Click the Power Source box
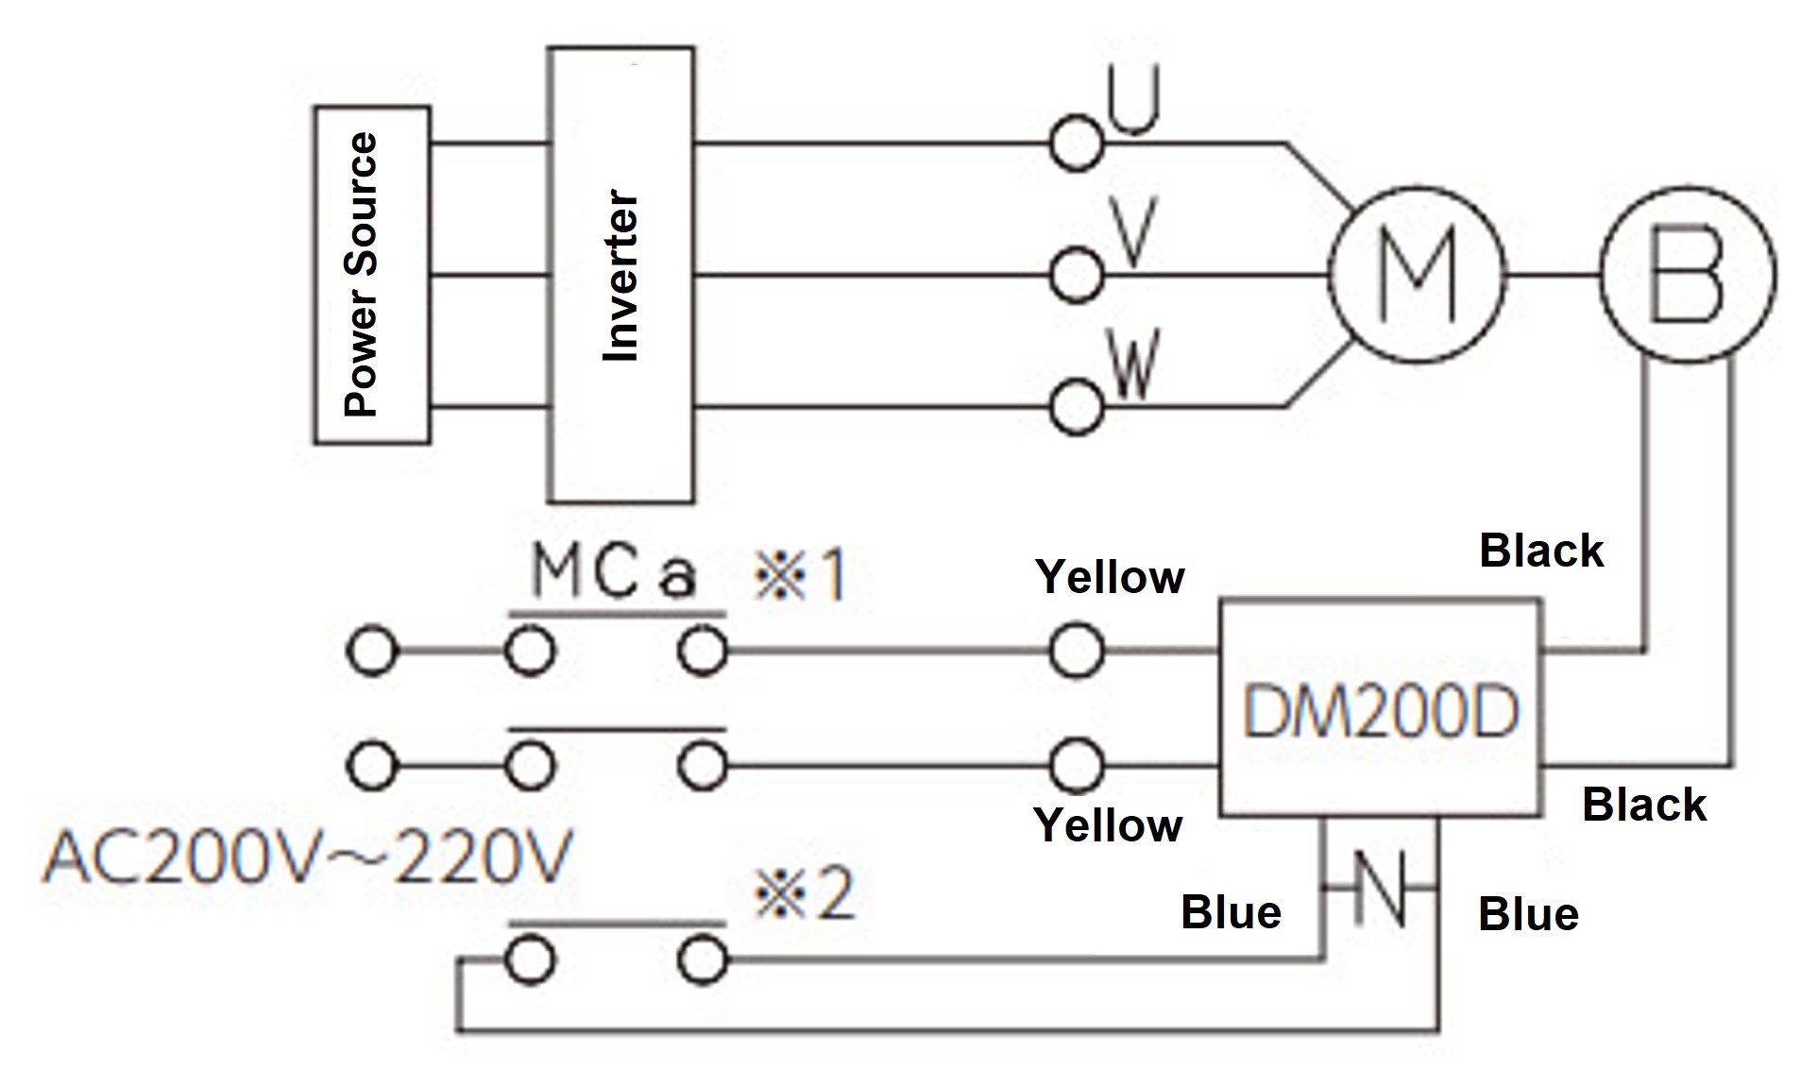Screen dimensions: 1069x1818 [x=372, y=275]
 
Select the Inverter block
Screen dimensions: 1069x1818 [x=621, y=275]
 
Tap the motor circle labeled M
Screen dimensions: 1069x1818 [x=1416, y=275]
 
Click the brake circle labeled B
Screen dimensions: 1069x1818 [x=1687, y=275]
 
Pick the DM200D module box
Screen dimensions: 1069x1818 [x=1380, y=709]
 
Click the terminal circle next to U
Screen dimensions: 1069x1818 [x=1076, y=144]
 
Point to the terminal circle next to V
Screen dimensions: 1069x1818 [x=1076, y=276]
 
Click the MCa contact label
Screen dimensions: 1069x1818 [x=615, y=572]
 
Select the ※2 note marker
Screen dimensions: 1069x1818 [x=804, y=894]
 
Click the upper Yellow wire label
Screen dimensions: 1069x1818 [x=1110, y=577]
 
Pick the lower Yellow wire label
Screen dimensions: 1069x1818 [x=1108, y=825]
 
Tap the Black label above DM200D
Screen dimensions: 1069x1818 [x=1540, y=551]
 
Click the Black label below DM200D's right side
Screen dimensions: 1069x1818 [x=1643, y=806]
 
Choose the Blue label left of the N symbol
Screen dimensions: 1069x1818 [x=1231, y=912]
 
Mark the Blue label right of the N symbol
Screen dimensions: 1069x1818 [x=1528, y=914]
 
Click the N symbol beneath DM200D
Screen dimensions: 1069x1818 [x=1380, y=889]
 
